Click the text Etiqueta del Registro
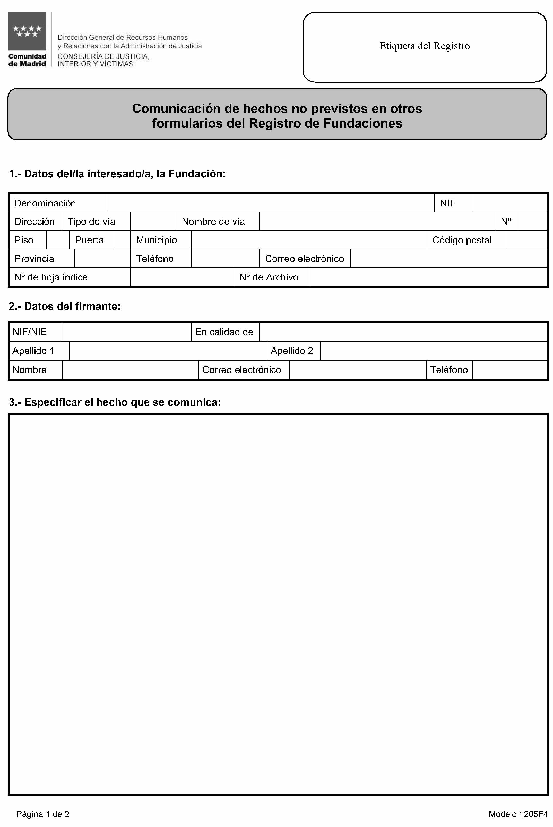point(424,46)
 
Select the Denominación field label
point(45,203)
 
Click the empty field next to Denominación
point(270,203)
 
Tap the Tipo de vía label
point(91,221)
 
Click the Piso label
point(24,240)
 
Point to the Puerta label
point(89,240)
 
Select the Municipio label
point(157,240)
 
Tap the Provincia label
point(34,259)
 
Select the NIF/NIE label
point(29,332)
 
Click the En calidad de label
point(224,332)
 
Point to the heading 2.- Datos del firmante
point(65,306)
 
